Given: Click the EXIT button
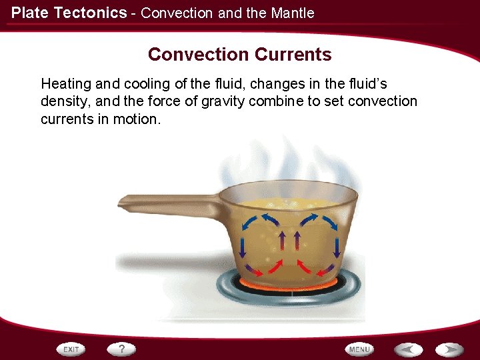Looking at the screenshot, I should click(71, 349).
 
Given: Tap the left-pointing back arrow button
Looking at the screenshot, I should click(408, 349).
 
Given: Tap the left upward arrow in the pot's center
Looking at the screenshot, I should click(281, 240).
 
